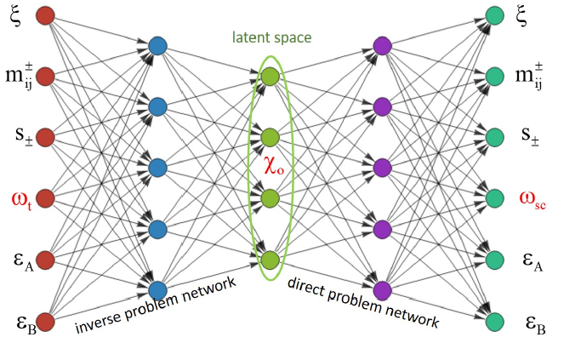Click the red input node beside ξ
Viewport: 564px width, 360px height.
pyautogui.click(x=45, y=15)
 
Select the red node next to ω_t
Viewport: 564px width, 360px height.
pyautogui.click(x=45, y=198)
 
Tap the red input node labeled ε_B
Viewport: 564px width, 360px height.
pyautogui.click(x=45, y=321)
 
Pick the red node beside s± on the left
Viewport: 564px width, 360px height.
pyautogui.click(x=45, y=137)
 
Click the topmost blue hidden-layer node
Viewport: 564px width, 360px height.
pyautogui.click(x=157, y=46)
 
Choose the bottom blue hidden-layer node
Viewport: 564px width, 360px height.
pyautogui.click(x=157, y=289)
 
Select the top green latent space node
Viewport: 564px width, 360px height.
pyautogui.click(x=271, y=76)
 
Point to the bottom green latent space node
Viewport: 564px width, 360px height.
pyautogui.click(x=271, y=260)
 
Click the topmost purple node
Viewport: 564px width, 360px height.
pyautogui.click(x=382, y=46)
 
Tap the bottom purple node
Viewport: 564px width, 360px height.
pyautogui.click(x=382, y=289)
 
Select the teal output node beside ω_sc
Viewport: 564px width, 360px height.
pyautogui.click(x=494, y=198)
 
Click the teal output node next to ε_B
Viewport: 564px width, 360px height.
pyautogui.click(x=494, y=321)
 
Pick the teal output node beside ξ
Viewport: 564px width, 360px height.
pyautogui.click(x=494, y=15)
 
